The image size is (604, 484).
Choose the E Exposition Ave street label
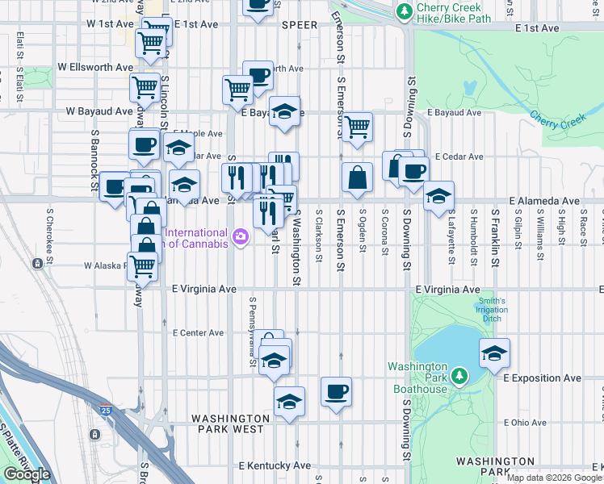tap(542, 378)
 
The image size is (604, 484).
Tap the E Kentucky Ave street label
tap(275, 465)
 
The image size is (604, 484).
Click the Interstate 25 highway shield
tap(106, 409)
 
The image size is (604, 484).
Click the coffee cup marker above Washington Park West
tap(336, 393)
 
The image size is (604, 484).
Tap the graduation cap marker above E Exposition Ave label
tap(494, 353)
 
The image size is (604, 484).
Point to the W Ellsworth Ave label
tap(94, 67)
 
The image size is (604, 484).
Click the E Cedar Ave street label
tap(458, 156)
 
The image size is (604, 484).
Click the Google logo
tap(27, 474)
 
